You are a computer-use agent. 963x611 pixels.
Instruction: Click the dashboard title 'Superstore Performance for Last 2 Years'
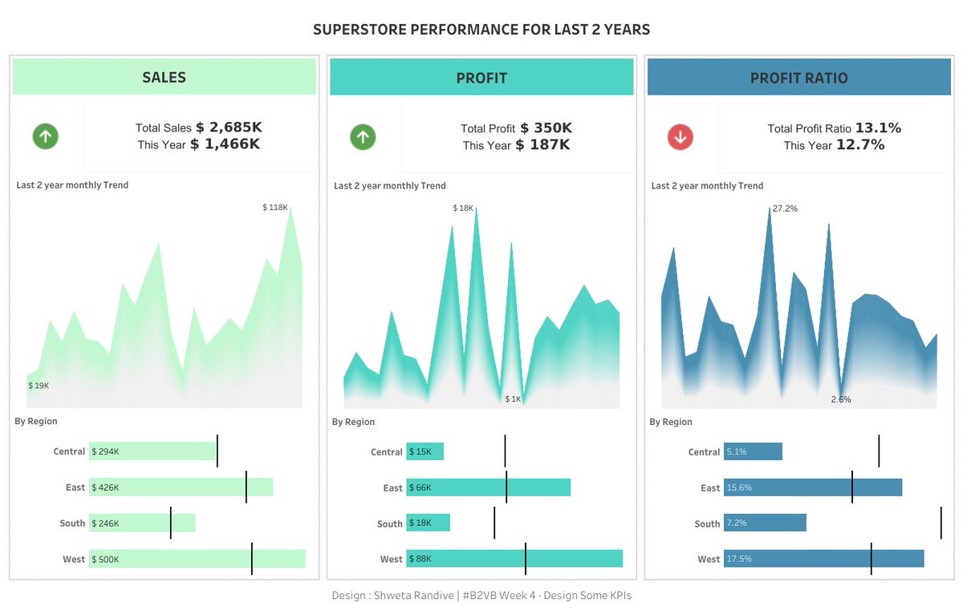(x=481, y=30)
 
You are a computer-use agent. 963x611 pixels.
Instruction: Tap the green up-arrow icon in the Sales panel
(x=46, y=136)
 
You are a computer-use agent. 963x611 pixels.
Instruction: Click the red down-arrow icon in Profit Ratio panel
(x=681, y=137)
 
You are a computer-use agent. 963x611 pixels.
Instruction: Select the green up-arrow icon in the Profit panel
(x=363, y=137)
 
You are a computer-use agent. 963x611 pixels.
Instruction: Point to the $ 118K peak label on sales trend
(x=274, y=208)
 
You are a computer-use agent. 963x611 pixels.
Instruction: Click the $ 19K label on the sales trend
(x=39, y=386)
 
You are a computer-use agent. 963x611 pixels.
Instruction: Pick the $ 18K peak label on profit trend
(x=463, y=208)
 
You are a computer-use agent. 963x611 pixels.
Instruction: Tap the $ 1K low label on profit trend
(x=513, y=399)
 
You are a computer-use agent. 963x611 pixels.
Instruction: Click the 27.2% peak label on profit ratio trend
(x=785, y=208)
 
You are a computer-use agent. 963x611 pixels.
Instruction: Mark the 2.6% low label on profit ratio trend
(x=841, y=399)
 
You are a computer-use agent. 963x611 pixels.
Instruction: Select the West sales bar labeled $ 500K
(x=197, y=559)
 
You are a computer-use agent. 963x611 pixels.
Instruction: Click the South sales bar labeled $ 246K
(x=142, y=523)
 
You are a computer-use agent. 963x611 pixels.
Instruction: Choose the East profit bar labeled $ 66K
(x=488, y=488)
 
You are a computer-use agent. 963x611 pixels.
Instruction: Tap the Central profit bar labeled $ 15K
(x=425, y=451)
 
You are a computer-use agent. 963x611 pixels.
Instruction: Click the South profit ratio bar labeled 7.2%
(x=764, y=523)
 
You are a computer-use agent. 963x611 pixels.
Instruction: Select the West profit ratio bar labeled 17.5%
(x=823, y=559)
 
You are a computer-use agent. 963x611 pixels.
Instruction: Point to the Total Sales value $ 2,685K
(x=229, y=127)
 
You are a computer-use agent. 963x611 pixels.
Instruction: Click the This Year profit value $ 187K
(x=542, y=145)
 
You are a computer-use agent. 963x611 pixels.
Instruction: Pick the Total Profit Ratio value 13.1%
(x=878, y=127)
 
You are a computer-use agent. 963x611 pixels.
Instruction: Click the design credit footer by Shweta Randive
(x=481, y=596)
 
